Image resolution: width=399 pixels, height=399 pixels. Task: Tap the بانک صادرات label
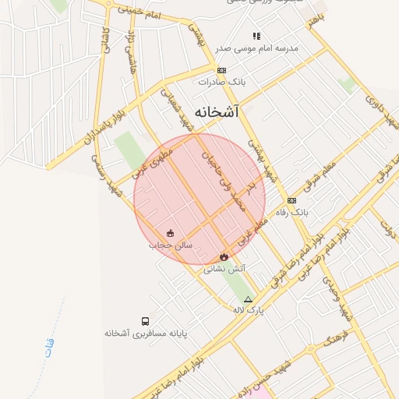tap(231, 81)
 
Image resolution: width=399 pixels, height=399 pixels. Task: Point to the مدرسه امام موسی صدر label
tap(256, 48)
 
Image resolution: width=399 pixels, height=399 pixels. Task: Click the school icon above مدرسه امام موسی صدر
tap(256, 36)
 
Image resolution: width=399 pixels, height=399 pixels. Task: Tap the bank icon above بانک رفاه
tap(291, 200)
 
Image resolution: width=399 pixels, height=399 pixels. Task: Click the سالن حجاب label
tap(171, 245)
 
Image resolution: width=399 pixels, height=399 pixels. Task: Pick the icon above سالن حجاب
tap(171, 233)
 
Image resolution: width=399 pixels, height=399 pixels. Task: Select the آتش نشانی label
tap(224, 268)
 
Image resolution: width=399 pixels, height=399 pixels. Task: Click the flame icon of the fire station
tap(224, 256)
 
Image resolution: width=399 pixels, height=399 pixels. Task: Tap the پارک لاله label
tap(249, 310)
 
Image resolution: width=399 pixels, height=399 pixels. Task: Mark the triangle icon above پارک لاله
tap(249, 299)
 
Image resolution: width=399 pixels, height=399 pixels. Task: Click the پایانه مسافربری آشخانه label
tap(147, 333)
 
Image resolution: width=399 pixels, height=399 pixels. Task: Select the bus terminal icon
tap(145, 320)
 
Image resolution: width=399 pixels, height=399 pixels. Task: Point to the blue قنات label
tap(50, 343)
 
